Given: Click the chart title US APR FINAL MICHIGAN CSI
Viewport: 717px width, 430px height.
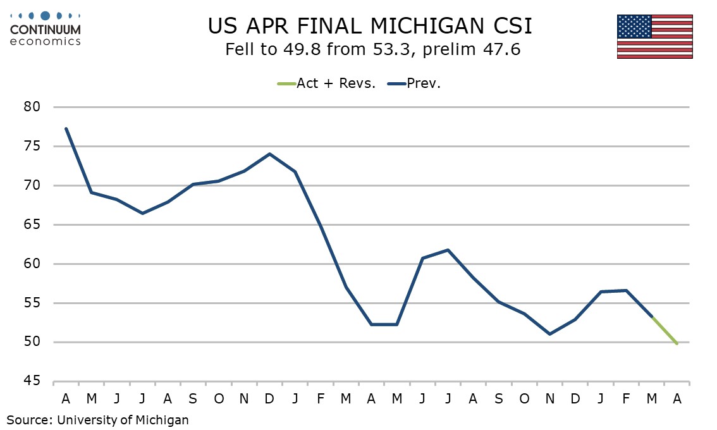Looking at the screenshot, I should click(x=371, y=27).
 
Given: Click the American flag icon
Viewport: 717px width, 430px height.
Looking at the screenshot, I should click(x=654, y=36).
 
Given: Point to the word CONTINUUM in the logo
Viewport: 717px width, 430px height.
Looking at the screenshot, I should click(x=46, y=30).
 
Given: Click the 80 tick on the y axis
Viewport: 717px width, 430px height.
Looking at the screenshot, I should click(x=32, y=107).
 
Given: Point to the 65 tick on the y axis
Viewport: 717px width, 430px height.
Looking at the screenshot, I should click(x=32, y=225).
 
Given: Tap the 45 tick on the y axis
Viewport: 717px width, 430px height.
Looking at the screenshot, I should click(x=32, y=381).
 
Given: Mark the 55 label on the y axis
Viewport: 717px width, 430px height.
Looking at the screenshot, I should click(x=32, y=303).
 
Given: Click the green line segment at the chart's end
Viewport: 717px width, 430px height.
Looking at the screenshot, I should click(x=665, y=331).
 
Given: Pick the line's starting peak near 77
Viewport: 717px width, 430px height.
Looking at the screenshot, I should click(x=66, y=129).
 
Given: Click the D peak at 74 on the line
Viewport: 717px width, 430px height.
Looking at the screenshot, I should click(x=269, y=154).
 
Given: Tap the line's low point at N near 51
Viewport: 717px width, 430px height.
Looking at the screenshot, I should click(x=549, y=334).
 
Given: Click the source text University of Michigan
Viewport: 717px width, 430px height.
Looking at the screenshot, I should click(x=123, y=419).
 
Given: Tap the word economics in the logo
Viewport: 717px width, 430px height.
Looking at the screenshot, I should click(x=46, y=41).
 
